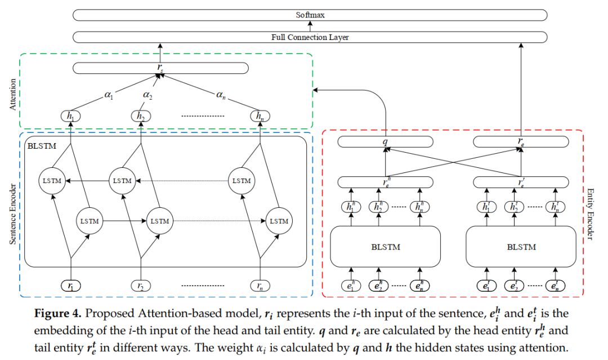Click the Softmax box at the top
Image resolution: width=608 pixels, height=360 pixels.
point(310,15)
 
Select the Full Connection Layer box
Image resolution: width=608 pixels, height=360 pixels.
point(310,37)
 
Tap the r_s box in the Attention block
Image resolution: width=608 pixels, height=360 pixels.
point(160,68)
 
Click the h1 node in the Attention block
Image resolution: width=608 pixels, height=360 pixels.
point(70,116)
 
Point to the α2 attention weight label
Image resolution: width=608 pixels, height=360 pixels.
point(147,95)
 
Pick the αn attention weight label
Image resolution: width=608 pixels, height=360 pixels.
point(221,95)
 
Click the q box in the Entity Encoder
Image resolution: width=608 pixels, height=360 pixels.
point(385,141)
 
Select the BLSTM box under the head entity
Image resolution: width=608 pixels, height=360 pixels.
point(385,247)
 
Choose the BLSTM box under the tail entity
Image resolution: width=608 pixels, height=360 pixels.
point(521,247)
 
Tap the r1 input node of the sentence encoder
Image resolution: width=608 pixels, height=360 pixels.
point(70,286)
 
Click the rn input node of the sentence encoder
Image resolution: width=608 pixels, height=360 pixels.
point(260,286)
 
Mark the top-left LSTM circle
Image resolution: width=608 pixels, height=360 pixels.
point(52,181)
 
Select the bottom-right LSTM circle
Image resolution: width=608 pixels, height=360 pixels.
point(279,221)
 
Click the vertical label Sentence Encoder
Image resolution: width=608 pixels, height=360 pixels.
point(13,214)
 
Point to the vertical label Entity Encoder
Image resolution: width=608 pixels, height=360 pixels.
point(590,214)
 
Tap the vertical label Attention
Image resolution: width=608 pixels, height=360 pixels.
point(13,94)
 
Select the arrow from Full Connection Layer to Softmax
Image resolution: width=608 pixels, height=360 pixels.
point(310,26)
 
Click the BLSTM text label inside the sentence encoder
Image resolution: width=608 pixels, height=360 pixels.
point(42,146)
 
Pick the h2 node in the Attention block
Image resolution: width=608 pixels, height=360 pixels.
point(140,116)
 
